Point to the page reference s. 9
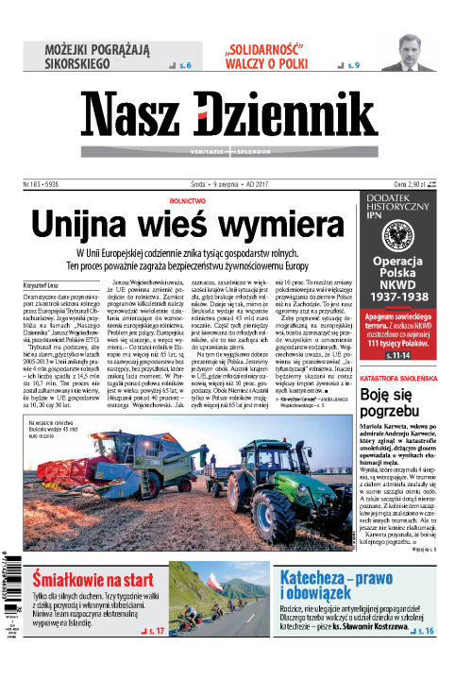(x=353, y=66)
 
